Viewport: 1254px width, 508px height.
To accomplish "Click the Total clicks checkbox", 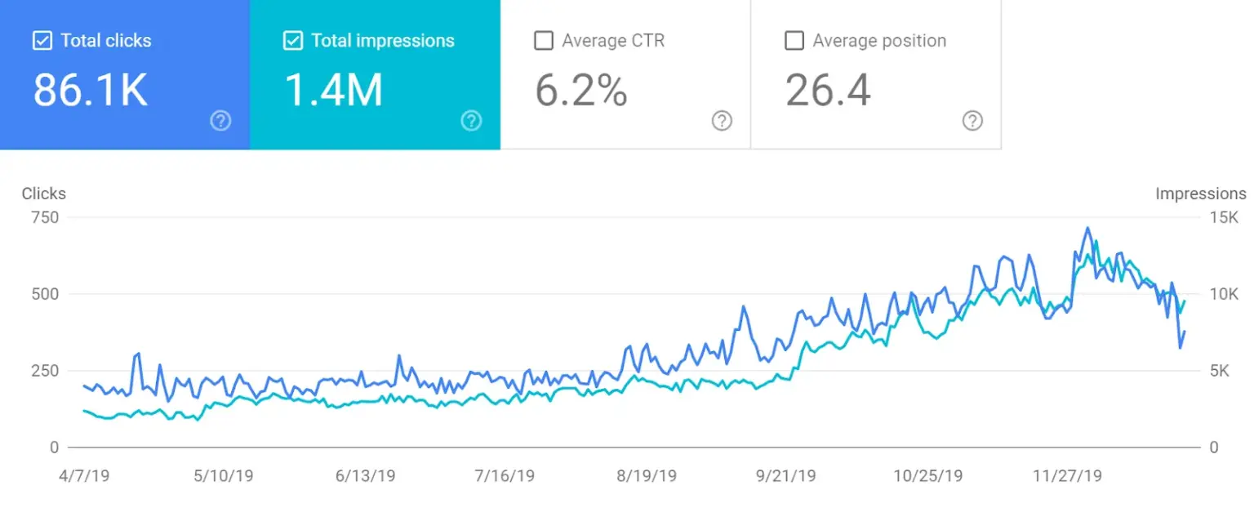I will (x=42, y=41).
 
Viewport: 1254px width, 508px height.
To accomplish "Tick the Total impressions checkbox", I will (x=292, y=41).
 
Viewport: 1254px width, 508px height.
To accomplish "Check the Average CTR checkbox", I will (x=543, y=41).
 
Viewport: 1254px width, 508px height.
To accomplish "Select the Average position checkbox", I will (x=794, y=41).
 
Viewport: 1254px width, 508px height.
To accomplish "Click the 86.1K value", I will (x=90, y=90).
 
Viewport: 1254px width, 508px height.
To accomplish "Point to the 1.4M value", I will (x=333, y=90).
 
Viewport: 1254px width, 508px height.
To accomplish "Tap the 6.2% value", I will (x=581, y=90).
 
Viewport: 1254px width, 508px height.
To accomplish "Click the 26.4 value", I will (x=828, y=90).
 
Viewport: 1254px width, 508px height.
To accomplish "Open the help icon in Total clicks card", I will (x=220, y=121).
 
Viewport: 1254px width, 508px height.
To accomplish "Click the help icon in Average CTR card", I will (x=722, y=121).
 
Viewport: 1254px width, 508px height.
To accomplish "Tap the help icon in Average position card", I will (x=972, y=121).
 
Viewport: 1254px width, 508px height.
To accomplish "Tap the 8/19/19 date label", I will (x=646, y=475).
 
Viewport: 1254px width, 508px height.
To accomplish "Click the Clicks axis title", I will (x=44, y=194).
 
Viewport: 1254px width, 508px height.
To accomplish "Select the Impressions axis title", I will (x=1201, y=194).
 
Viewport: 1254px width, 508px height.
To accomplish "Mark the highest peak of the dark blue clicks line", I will (x=1087, y=228).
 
